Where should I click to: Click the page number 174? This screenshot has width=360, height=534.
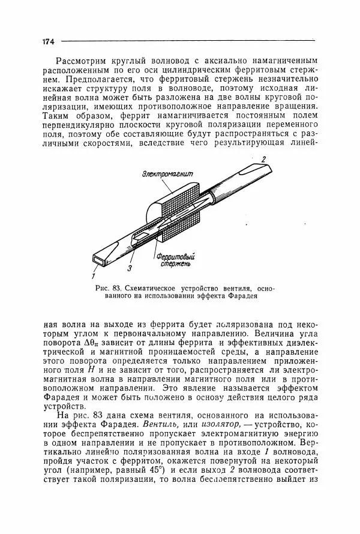pyautogui.click(x=49, y=41)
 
